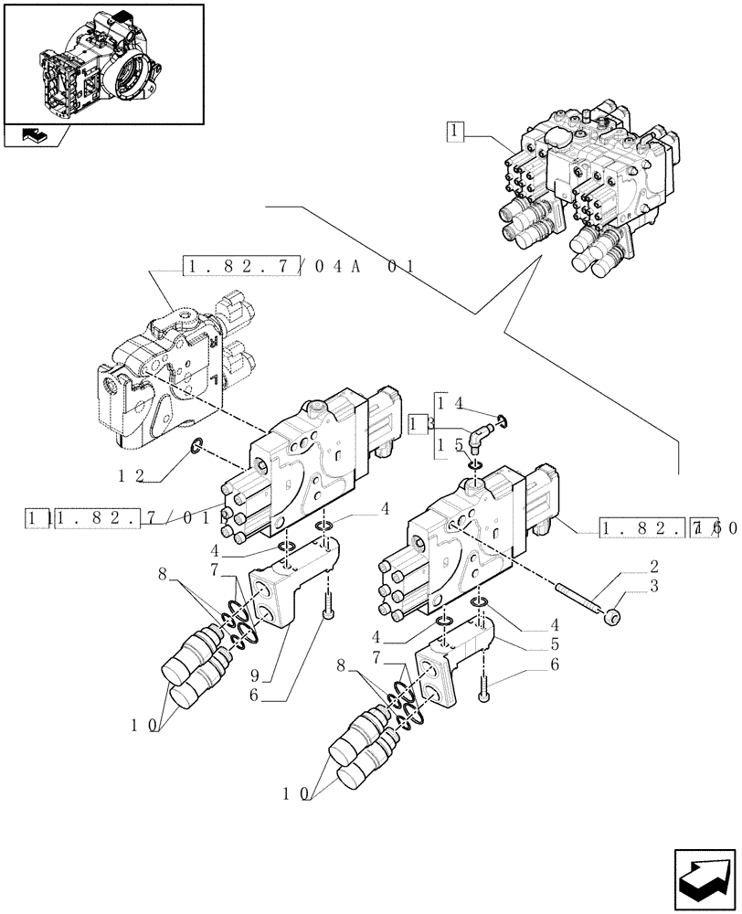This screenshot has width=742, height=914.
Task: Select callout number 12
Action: (x=131, y=475)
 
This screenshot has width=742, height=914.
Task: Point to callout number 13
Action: (x=420, y=424)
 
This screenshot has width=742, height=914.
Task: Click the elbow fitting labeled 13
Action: (x=478, y=440)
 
